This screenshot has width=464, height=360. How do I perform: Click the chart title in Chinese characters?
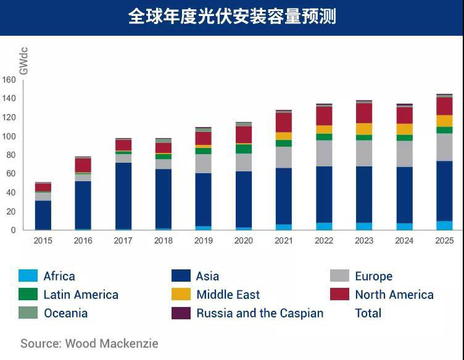[232, 17]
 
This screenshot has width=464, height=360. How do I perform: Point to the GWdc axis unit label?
[24, 60]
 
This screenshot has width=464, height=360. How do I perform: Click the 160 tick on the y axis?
[9, 80]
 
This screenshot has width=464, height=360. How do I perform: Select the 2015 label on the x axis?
[43, 240]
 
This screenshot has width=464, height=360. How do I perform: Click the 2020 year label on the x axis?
[243, 240]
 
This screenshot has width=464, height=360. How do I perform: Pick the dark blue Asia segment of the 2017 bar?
[123, 195]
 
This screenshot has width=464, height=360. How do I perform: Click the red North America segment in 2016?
[83, 165]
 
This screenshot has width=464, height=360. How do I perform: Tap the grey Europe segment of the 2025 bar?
[444, 147]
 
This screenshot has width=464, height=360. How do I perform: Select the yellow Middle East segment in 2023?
[364, 129]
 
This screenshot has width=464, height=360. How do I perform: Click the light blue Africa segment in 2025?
[444, 226]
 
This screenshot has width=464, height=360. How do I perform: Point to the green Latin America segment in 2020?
[244, 149]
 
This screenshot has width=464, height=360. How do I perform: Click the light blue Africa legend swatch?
[28, 276]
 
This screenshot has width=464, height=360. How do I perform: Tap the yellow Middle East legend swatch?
[181, 295]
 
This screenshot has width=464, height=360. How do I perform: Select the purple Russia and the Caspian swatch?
[181, 313]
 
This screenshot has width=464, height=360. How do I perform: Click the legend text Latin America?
[81, 295]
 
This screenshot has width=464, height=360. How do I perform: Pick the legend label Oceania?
[65, 313]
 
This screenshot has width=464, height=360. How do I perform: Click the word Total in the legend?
[368, 313]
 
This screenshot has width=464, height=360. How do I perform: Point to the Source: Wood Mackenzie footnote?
[89, 343]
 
